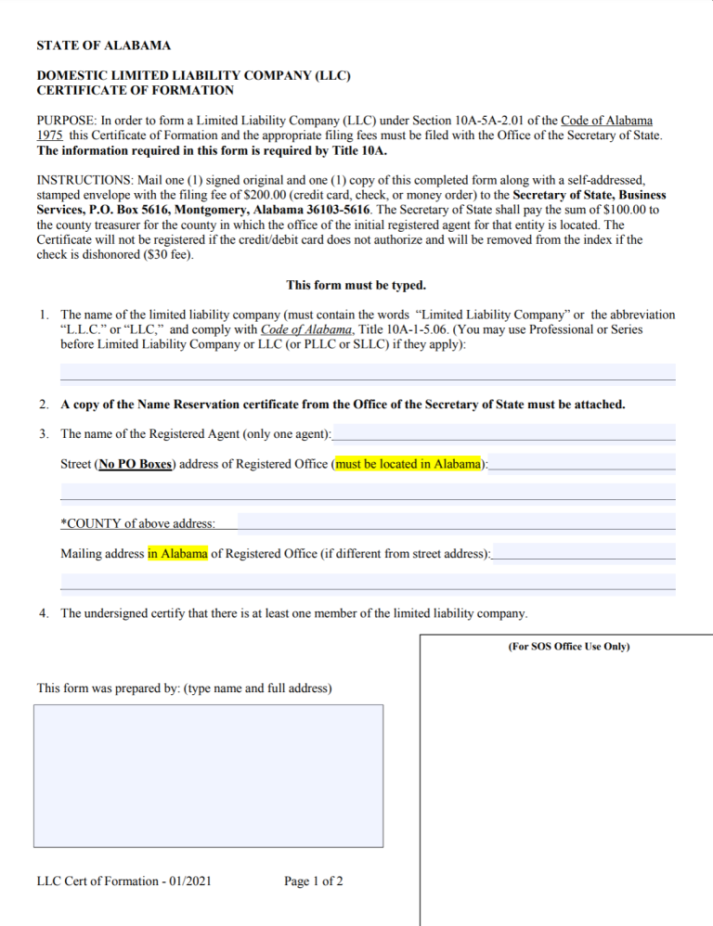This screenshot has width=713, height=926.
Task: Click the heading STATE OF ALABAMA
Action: click(x=103, y=45)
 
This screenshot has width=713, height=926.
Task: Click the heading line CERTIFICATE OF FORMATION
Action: click(x=135, y=90)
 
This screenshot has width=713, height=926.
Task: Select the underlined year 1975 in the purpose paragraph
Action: click(x=49, y=135)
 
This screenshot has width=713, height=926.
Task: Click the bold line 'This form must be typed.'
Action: click(x=356, y=286)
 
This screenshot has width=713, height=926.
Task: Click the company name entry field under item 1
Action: click(x=368, y=373)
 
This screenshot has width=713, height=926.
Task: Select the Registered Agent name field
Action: click(x=504, y=433)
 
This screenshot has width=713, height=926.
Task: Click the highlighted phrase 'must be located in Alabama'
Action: click(x=409, y=464)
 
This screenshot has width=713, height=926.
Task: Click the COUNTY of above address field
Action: click(x=456, y=523)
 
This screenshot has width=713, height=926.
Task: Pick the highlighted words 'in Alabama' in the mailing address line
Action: click(x=177, y=554)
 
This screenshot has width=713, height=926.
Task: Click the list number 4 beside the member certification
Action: click(x=45, y=613)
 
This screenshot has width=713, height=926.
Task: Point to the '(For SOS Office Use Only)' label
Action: click(x=568, y=646)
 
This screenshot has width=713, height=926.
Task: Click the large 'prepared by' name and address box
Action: click(x=208, y=776)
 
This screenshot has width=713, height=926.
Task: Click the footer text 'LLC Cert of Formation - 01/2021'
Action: click(x=123, y=881)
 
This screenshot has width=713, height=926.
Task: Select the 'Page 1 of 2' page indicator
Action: click(x=314, y=881)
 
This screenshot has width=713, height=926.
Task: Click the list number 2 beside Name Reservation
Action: click(x=45, y=405)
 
